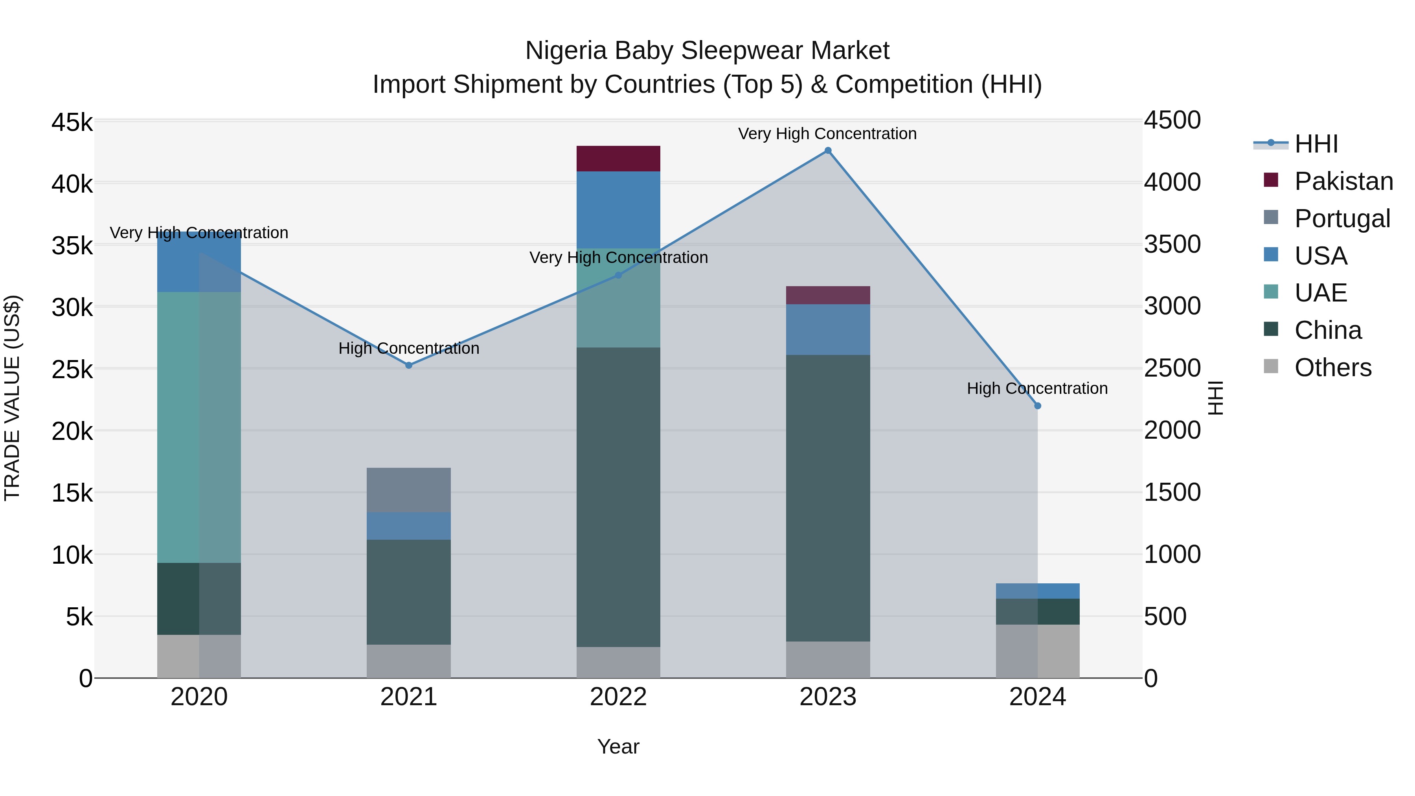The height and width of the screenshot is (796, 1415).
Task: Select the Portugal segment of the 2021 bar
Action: [x=409, y=490]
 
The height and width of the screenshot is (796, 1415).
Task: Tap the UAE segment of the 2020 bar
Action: [x=199, y=427]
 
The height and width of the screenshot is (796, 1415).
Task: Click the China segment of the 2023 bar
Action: [x=828, y=498]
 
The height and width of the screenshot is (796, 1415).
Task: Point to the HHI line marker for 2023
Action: [x=828, y=151]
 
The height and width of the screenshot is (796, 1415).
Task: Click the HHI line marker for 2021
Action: [x=409, y=365]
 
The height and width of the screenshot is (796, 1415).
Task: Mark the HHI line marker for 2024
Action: [x=1038, y=406]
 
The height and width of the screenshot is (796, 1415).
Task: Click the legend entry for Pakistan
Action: [x=1343, y=181]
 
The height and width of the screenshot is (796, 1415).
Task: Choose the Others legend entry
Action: [x=1332, y=368]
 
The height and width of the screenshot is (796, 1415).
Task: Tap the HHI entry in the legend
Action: [x=1316, y=144]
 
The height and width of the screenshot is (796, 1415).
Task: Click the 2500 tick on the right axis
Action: [x=1172, y=368]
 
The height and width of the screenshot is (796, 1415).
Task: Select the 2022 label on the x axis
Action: [x=618, y=697]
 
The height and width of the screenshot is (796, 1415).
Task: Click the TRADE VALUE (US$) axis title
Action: [x=12, y=398]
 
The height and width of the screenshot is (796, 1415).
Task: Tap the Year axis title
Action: [x=618, y=746]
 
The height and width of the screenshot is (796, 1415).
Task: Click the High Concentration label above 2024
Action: [x=1037, y=388]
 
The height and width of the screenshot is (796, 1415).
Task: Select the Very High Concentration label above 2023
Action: [x=827, y=134]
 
